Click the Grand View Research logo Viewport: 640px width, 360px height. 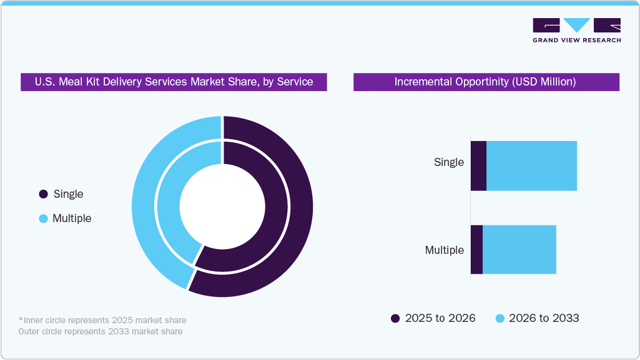[x=576, y=30]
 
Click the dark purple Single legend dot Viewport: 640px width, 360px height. [x=43, y=194]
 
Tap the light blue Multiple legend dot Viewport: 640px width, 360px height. [x=43, y=218]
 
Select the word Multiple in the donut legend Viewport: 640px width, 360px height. [x=72, y=218]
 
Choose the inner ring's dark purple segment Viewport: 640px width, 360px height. [x=275, y=206]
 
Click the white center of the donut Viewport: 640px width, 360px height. [x=222, y=206]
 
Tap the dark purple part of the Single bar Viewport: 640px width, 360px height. [x=478, y=166]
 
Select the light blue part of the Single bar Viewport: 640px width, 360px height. [x=531, y=166]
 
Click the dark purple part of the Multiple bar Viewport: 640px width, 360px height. [x=476, y=250]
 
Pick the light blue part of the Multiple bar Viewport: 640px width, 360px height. [x=519, y=250]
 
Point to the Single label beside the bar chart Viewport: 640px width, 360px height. [x=449, y=162]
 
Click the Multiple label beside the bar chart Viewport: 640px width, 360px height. [x=445, y=250]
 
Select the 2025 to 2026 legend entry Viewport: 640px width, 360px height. [x=433, y=318]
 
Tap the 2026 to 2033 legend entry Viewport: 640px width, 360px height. [x=537, y=318]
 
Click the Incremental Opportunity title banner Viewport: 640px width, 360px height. [x=486, y=82]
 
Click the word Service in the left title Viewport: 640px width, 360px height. [x=294, y=82]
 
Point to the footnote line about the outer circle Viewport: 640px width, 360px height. [x=101, y=331]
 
